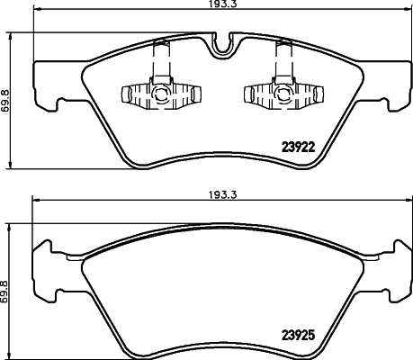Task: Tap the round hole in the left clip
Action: (x=161, y=93)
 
